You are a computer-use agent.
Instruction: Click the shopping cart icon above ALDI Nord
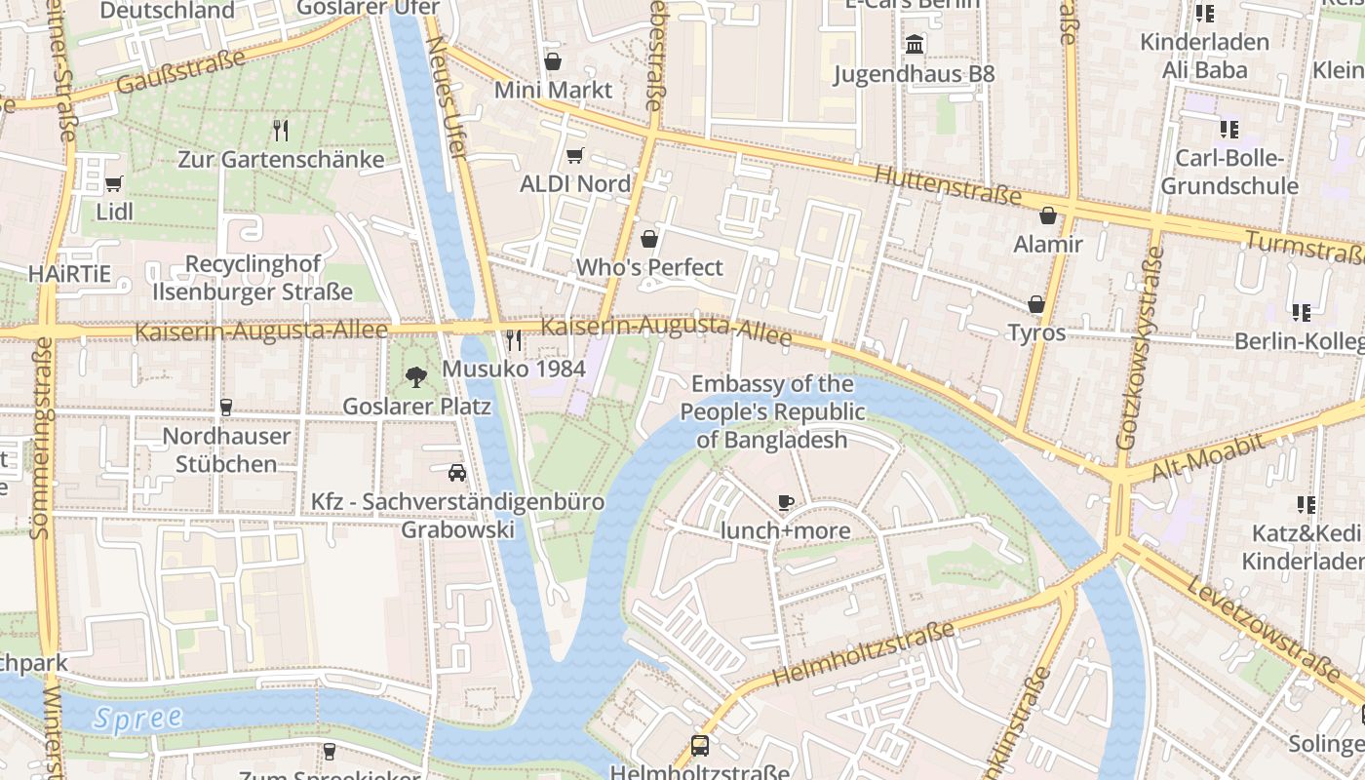pyautogui.click(x=574, y=156)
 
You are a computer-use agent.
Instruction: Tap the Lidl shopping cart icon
pyautogui.click(x=114, y=183)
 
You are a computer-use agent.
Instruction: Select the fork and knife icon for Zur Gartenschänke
pyautogui.click(x=281, y=130)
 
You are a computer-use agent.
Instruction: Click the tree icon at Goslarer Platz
pyautogui.click(x=416, y=376)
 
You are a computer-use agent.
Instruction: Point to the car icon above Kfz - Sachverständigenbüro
pyautogui.click(x=456, y=473)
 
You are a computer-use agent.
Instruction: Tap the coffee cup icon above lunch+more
pyautogui.click(x=785, y=502)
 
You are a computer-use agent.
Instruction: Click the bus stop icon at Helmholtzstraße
pyautogui.click(x=699, y=746)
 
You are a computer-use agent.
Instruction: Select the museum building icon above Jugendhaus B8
pyautogui.click(x=915, y=45)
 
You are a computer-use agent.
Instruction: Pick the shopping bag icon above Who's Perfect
pyautogui.click(x=649, y=239)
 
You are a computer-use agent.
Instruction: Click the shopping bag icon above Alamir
pyautogui.click(x=1048, y=215)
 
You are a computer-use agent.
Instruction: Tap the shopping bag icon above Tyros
pyautogui.click(x=1035, y=304)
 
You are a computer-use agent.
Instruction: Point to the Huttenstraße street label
pyautogui.click(x=948, y=185)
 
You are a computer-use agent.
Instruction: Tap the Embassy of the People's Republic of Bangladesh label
pyautogui.click(x=773, y=411)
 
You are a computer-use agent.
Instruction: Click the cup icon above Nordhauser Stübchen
pyautogui.click(x=226, y=407)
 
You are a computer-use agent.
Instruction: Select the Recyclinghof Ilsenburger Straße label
pyautogui.click(x=253, y=278)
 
